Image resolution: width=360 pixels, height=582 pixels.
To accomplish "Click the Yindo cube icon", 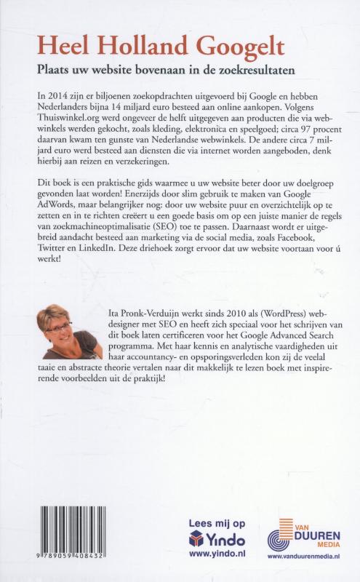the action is (x=195, y=539).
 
